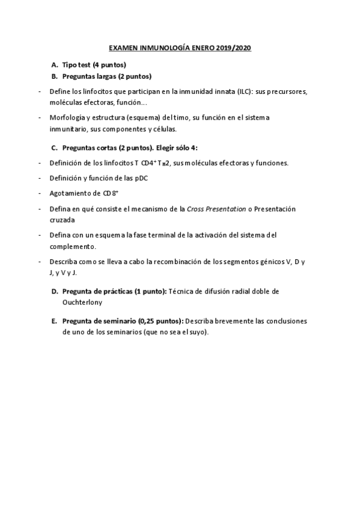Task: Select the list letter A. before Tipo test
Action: point(55,65)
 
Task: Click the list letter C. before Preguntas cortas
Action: point(55,147)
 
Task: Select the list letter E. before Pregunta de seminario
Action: point(55,321)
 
